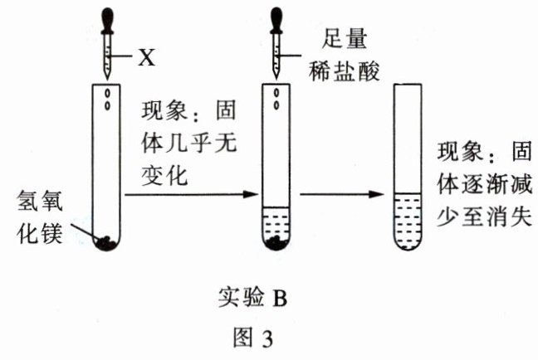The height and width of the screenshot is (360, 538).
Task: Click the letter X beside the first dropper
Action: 146,57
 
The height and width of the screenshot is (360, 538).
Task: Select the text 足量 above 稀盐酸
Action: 345,39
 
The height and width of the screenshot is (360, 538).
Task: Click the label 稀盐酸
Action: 345,71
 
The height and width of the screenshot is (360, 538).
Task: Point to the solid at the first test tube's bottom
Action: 107,242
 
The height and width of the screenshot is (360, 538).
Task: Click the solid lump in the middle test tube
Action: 276,242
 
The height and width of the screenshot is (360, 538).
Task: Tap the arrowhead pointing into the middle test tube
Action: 251,194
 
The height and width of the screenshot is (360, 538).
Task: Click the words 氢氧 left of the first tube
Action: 40,202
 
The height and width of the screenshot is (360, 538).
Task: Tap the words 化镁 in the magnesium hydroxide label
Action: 40,233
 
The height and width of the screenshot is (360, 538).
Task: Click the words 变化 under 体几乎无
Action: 164,175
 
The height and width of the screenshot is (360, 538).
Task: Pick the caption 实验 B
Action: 252,297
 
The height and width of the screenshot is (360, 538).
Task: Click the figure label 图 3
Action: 253,338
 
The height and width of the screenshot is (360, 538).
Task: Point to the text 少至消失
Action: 485,216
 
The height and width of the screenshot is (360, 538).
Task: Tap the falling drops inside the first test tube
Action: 107,99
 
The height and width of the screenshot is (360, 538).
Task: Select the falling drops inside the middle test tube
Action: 276,99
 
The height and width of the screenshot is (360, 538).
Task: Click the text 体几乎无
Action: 189,143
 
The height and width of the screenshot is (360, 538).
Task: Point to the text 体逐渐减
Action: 485,184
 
